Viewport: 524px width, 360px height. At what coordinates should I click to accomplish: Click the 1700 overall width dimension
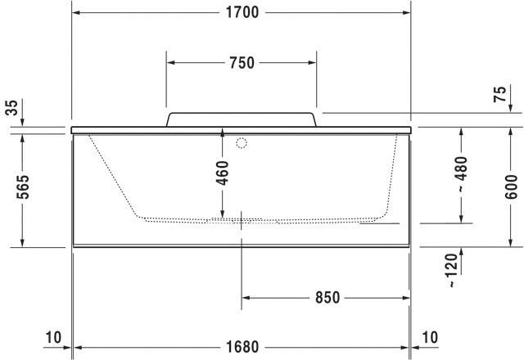242,13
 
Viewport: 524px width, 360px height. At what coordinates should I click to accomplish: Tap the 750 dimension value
242,63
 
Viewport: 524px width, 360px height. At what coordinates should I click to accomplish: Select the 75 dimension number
500,94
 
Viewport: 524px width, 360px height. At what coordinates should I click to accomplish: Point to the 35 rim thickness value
11,107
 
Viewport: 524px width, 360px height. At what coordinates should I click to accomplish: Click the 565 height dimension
23,187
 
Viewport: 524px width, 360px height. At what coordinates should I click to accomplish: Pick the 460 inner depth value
222,173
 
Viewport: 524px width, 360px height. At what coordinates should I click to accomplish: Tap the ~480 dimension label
461,174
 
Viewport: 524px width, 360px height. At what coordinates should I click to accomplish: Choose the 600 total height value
511,187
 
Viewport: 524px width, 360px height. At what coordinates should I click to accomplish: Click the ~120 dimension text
452,271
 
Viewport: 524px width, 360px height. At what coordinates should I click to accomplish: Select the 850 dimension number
327,298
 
